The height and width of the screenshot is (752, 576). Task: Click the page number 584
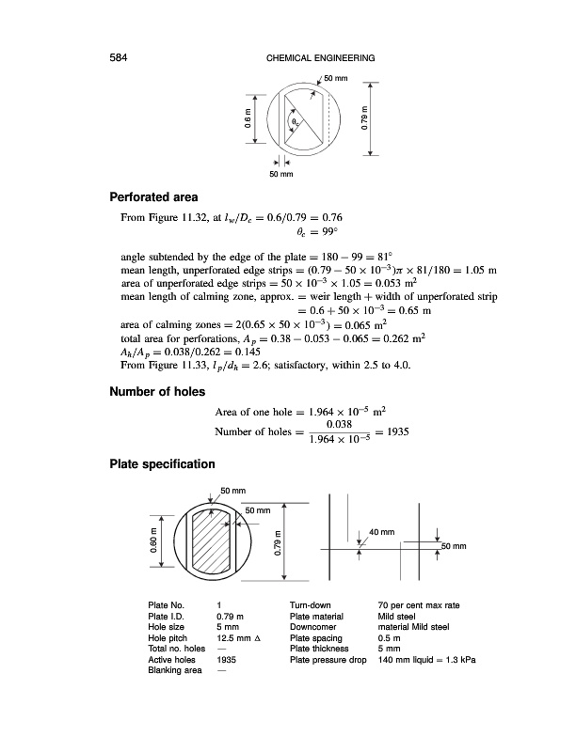tap(119, 58)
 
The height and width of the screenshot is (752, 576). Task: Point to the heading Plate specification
tap(162, 463)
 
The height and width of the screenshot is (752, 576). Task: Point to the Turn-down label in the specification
tap(312, 604)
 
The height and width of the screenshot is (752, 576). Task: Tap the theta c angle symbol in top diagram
tap(296, 122)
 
